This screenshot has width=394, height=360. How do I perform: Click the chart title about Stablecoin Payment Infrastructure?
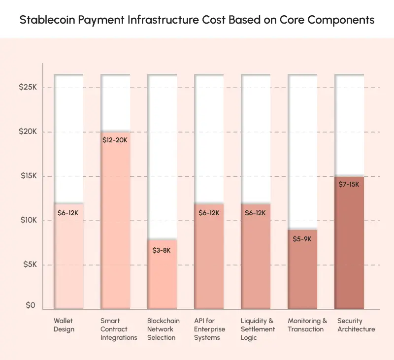[x=197, y=20]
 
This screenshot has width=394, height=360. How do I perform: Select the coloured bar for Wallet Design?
[x=68, y=256]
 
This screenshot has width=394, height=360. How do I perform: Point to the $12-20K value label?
[x=115, y=140]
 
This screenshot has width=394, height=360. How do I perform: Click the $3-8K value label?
[x=162, y=250]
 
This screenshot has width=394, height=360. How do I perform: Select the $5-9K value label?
[x=302, y=239]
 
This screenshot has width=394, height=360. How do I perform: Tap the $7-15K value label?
[x=349, y=184]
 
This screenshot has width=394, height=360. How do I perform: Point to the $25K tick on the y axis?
[x=28, y=87]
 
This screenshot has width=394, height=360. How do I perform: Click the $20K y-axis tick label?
[x=28, y=131]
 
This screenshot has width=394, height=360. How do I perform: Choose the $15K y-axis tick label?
[x=28, y=176]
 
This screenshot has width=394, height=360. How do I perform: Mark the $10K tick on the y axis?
[x=28, y=220]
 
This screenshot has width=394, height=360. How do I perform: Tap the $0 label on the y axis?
[x=31, y=305]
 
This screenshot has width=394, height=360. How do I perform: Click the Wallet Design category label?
[x=64, y=325]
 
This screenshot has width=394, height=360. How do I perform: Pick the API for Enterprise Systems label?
[x=209, y=329]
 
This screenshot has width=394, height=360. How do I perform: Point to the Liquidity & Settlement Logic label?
[x=257, y=329]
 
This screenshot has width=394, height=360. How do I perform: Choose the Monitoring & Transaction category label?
[x=307, y=325]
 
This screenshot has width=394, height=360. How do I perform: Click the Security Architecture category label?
[x=356, y=325]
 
